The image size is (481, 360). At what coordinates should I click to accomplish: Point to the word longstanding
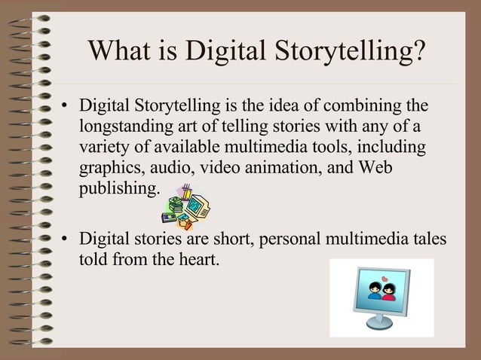[125, 125]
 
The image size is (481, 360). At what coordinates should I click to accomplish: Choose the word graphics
[109, 166]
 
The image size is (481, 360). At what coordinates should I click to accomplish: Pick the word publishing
[119, 188]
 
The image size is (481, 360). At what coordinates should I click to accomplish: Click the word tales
[427, 240]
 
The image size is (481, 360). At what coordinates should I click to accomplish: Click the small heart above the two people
[383, 280]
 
